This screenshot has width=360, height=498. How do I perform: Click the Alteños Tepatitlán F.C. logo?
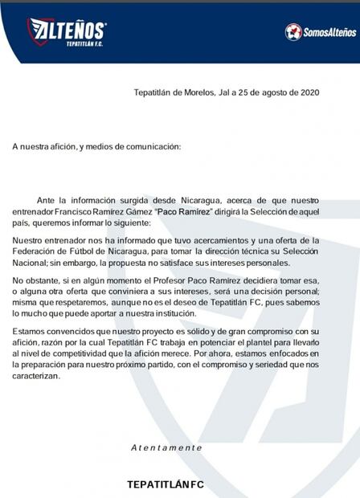(66, 31)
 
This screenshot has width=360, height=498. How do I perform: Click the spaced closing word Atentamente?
(167, 447)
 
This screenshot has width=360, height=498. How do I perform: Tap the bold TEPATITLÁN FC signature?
(166, 484)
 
